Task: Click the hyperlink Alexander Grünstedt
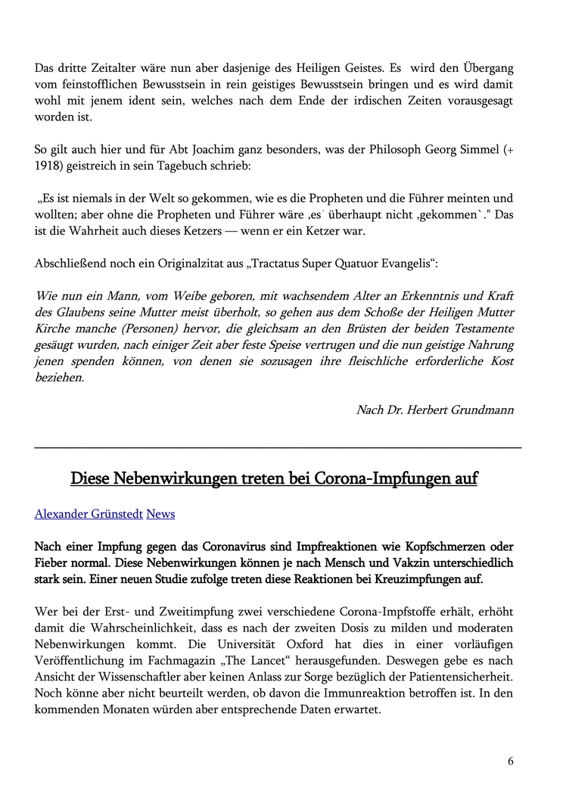89,514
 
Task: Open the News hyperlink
160,514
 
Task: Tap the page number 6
511,761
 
